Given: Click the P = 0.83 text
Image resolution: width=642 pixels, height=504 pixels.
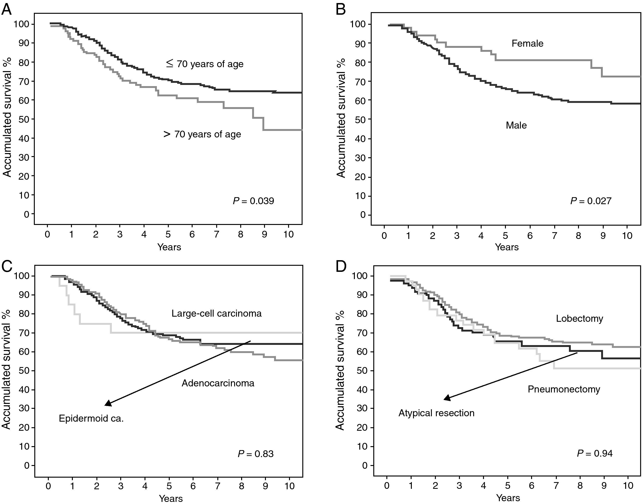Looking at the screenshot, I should (256, 454).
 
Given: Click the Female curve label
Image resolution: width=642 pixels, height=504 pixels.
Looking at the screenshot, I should (527, 44).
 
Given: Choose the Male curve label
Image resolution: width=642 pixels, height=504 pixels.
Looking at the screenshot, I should (516, 125).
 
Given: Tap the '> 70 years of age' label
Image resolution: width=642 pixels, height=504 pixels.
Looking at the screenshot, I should (202, 134).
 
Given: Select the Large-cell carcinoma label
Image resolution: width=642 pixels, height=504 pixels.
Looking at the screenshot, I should (216, 313).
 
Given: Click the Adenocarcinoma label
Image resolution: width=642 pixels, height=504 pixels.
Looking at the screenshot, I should (218, 383).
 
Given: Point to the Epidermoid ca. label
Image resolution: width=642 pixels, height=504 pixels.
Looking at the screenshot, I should (91, 418).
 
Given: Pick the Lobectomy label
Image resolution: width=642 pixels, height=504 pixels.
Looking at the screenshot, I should (579, 319).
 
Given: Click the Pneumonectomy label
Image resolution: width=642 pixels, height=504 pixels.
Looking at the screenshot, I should (564, 389).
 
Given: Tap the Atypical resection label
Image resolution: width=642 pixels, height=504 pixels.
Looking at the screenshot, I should (436, 413).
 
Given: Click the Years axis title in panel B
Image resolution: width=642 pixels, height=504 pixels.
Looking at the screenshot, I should (507, 247).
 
